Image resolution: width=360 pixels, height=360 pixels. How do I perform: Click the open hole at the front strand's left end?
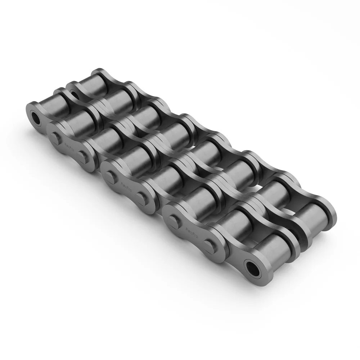[x=36, y=117]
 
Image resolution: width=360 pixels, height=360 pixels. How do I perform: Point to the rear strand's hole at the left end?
[x=75, y=95]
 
